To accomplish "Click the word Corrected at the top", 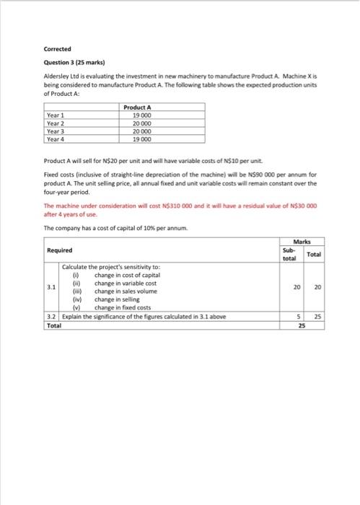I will [57, 50].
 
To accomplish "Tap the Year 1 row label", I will [56, 115].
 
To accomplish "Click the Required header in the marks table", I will [59, 250].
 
